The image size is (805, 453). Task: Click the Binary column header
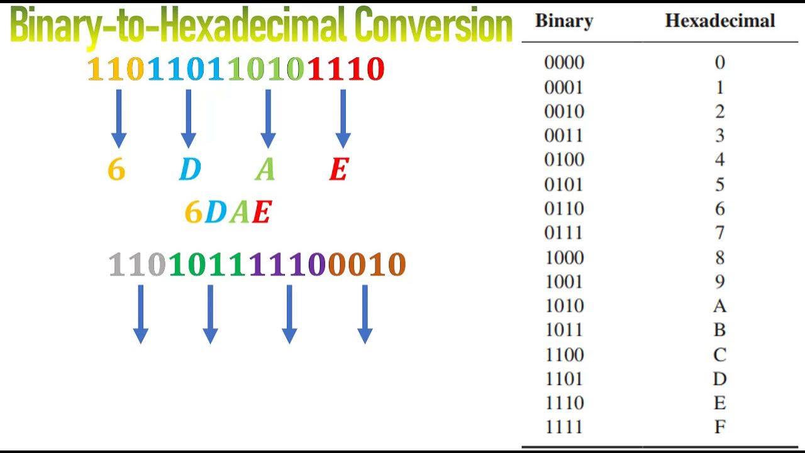pos(563,21)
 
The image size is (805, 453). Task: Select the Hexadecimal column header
pos(719,21)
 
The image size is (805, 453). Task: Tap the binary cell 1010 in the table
pos(563,306)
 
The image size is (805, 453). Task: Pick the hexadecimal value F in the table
pos(719,427)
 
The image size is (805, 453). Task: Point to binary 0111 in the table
pos(563,233)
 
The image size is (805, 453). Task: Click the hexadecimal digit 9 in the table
pos(719,282)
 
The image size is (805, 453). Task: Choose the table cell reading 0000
pos(563,62)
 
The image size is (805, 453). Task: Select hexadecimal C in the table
pos(719,355)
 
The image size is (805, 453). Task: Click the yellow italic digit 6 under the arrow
pos(116,169)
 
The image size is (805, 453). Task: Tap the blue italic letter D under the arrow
pos(189,169)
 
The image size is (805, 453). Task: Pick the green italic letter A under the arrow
pos(265,169)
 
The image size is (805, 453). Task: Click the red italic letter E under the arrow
pos(338,169)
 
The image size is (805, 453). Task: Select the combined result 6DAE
pos(228,213)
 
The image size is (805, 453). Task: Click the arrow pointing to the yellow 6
pos(118,118)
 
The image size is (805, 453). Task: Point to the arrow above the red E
pos(343,118)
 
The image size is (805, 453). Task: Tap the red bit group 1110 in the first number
pos(346,69)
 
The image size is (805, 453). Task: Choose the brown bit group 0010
pos(367,265)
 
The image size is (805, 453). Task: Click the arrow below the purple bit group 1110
pos(289,313)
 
